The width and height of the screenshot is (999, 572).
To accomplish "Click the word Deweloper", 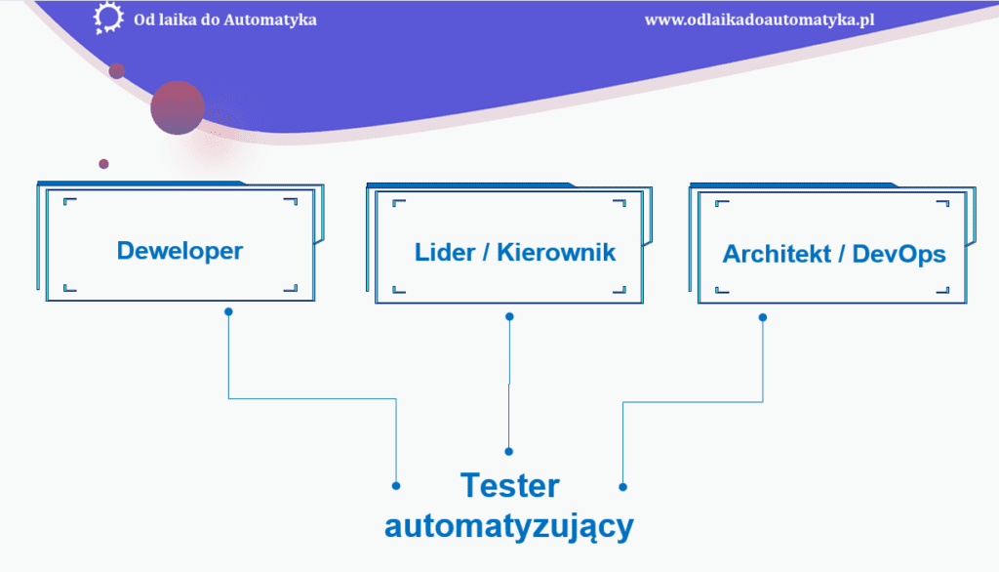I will (180, 251).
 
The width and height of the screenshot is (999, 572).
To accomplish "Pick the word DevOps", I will (899, 255).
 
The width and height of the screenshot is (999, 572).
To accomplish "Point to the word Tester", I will (509, 486).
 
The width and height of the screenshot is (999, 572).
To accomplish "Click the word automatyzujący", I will (509, 527).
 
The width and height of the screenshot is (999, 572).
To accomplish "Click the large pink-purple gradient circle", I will (178, 107).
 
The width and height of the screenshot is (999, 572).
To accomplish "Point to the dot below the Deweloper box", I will (228, 312).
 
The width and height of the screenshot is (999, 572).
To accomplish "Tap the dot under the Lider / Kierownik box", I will (509, 316).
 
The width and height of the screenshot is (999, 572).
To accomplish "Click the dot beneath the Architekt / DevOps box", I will (763, 316).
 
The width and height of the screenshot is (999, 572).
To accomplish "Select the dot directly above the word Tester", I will (509, 451).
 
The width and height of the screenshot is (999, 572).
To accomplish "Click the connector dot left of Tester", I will (396, 485).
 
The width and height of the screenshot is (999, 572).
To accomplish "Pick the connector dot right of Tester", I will (622, 485).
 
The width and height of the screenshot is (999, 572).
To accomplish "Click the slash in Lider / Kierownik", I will (486, 252).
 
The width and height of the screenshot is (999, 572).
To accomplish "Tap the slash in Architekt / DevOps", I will (841, 255).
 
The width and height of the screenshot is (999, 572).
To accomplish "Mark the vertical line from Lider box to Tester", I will (509, 386).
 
